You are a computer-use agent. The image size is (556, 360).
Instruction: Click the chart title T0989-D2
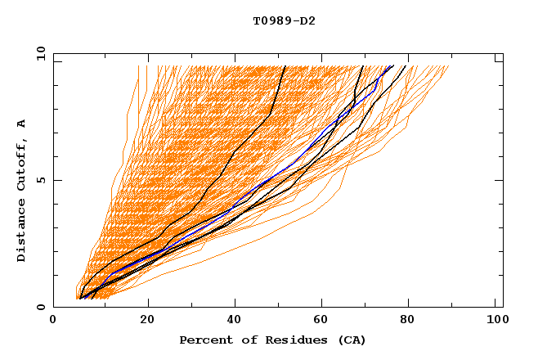coord(284,21)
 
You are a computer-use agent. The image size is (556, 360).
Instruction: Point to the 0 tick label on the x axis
coord(53,322)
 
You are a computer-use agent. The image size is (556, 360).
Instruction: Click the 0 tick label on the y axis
coord(41,308)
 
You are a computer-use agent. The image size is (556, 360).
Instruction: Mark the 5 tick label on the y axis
coord(41,180)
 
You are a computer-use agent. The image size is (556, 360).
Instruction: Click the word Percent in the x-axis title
coord(204,340)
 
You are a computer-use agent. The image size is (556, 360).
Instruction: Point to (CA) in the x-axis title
coord(352,340)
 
